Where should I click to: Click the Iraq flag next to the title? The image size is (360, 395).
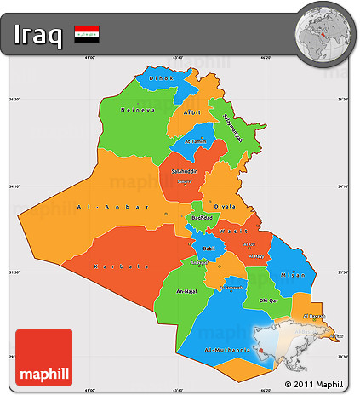[86, 35]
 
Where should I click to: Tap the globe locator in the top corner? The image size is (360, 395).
[323, 33]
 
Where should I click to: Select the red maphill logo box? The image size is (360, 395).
[44, 356]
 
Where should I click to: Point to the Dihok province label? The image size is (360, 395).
[160, 79]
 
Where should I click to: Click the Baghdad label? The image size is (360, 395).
[202, 219]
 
